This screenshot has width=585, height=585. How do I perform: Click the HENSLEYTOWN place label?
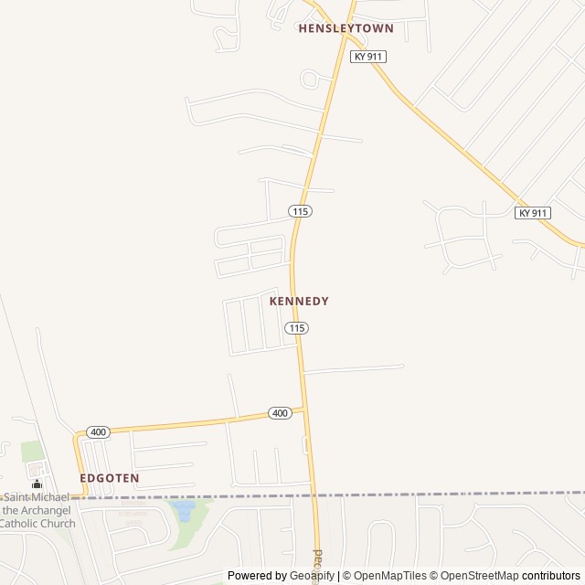pos(346,28)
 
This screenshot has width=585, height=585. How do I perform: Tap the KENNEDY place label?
pos(299,301)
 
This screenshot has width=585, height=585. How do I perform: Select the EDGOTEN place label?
pos(109,478)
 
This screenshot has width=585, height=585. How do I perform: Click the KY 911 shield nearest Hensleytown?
pos(368,57)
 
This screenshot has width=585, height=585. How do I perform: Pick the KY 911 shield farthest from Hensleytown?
pos(532,213)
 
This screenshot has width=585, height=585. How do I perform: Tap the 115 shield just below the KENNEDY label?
pos(296,328)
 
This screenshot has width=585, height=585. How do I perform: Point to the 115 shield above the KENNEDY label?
pos(301,211)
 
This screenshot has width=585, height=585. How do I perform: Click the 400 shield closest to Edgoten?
pos(98,431)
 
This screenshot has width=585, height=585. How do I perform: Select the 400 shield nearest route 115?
pos(281,413)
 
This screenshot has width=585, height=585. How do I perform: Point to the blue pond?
pos(184,510)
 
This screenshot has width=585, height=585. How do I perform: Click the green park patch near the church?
pos(32,452)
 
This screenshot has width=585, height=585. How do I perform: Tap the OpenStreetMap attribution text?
pos(479,576)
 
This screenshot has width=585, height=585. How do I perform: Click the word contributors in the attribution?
pos(551,576)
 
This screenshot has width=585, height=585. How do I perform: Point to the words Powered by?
pos(255,576)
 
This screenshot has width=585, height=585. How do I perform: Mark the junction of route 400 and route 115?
pos(303,411)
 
